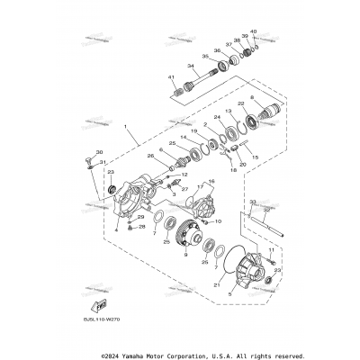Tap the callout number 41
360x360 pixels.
tap(172, 79)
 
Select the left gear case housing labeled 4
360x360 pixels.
tap(139, 203)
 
